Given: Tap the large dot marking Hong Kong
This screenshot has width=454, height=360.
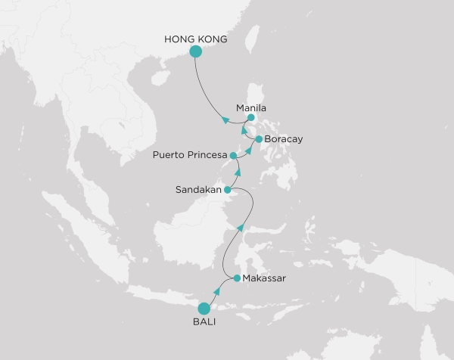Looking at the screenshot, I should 195,51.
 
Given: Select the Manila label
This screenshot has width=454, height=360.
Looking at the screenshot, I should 251,107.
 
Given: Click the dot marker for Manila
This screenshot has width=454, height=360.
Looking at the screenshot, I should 251,118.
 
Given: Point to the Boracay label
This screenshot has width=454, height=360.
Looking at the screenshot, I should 283,139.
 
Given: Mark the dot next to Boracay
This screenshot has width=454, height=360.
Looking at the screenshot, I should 259,139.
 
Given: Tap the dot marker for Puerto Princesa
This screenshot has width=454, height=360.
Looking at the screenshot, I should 234,155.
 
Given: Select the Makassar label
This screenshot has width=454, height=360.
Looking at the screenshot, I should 265,278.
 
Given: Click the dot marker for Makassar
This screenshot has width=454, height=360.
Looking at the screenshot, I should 237,278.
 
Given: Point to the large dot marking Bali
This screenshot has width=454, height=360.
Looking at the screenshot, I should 204,309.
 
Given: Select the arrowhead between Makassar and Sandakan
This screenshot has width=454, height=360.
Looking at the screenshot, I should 241,228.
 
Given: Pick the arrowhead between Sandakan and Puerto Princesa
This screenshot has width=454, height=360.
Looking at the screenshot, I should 238,172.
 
